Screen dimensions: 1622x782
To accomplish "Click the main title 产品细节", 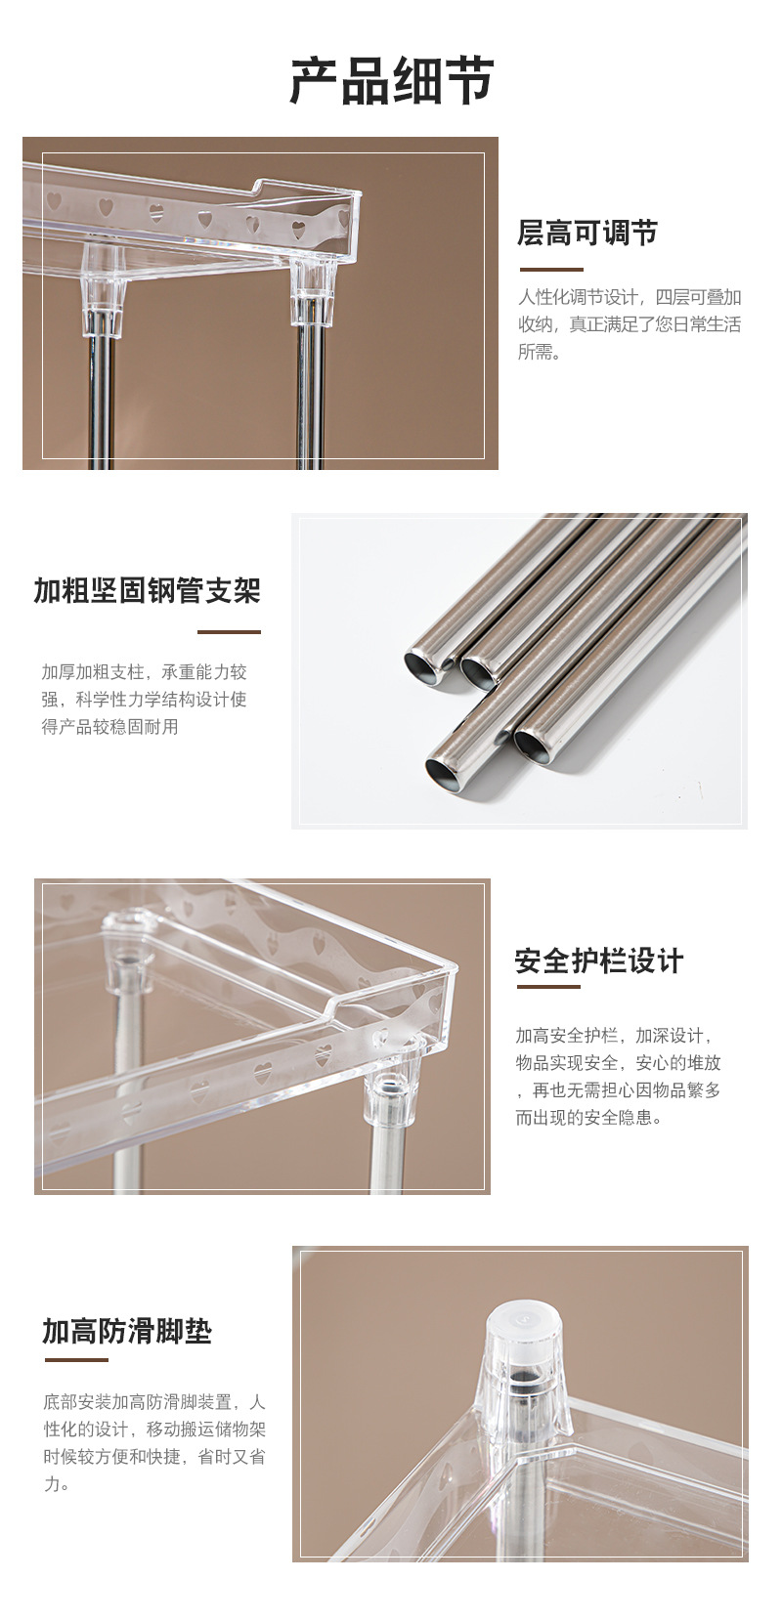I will pyautogui.click(x=391, y=81).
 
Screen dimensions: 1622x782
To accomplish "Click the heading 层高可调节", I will pyautogui.click(x=586, y=234).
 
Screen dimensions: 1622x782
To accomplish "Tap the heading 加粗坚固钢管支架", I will pyautogui.click(x=147, y=591).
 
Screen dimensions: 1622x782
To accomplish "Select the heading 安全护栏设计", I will pyautogui.click(x=598, y=961).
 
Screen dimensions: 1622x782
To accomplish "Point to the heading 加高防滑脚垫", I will pyautogui.click(x=126, y=1331).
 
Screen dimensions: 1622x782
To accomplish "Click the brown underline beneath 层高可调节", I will pyautogui.click(x=550, y=269).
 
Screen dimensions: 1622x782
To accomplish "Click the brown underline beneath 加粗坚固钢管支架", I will pyautogui.click(x=229, y=631).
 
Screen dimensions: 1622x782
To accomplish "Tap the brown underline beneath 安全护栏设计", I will pyautogui.click(x=547, y=986).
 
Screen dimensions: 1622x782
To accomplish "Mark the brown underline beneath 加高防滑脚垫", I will pyautogui.click(x=74, y=1359).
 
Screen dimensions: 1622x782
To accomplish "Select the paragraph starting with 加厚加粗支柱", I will pyautogui.click(x=144, y=700).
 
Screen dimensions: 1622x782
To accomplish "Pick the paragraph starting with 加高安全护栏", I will pyautogui.click(x=618, y=1076).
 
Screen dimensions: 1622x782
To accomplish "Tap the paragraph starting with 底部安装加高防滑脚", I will pyautogui.click(x=153, y=1442).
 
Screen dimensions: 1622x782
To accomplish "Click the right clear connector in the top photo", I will pyautogui.click(x=312, y=293).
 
